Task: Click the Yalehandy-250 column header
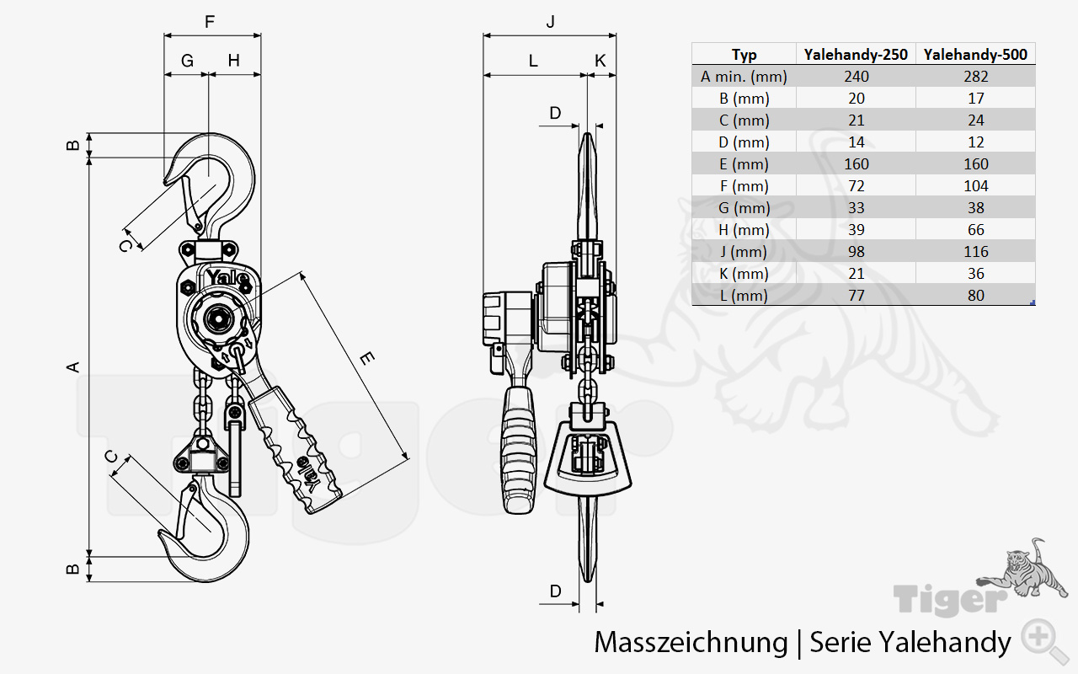(856, 55)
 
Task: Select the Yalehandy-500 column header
(975, 55)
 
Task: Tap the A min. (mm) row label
(744, 77)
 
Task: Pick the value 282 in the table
(975, 77)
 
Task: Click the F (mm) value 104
(975, 186)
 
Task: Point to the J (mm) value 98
(856, 252)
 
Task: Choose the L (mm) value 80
(975, 296)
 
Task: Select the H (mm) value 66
(975, 230)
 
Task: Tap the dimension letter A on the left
(73, 366)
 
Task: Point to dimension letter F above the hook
(210, 22)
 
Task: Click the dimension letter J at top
(550, 22)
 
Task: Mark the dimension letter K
(600, 61)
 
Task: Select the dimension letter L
(532, 61)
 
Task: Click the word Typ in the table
(744, 55)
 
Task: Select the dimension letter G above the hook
(187, 61)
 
